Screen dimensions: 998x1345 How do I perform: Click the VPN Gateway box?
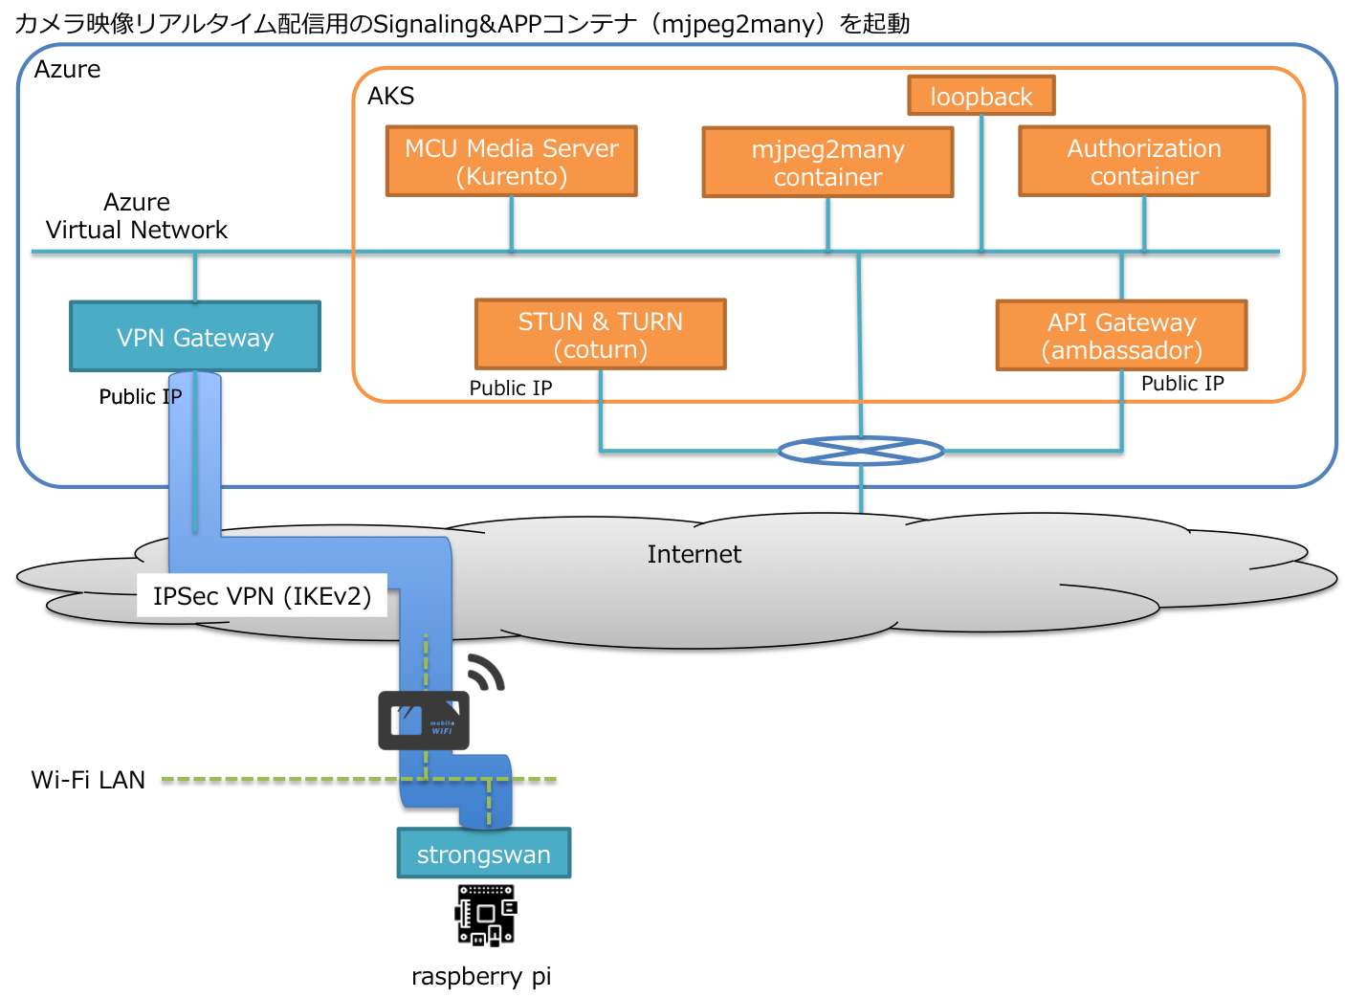pyautogui.click(x=195, y=337)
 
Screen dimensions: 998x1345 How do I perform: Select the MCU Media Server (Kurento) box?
pyautogui.click(x=512, y=162)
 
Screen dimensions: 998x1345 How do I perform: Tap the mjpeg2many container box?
pyautogui.click(x=827, y=163)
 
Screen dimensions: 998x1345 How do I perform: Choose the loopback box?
pyautogui.click(x=981, y=96)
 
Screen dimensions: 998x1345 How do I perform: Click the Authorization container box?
pyautogui.click(x=1144, y=162)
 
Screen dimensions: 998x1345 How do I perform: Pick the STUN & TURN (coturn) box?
pyautogui.click(x=601, y=335)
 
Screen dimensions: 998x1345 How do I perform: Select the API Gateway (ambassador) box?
pyautogui.click(x=1122, y=336)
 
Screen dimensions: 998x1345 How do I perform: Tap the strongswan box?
pyautogui.click(x=484, y=854)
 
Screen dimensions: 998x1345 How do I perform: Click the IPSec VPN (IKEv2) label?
pyautogui.click(x=262, y=596)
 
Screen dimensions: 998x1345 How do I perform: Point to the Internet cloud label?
pyautogui.click(x=694, y=554)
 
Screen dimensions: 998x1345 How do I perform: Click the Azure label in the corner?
pyautogui.click(x=67, y=69)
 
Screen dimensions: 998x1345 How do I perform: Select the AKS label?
pyautogui.click(x=391, y=96)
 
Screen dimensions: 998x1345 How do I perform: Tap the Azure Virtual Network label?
pyautogui.click(x=137, y=216)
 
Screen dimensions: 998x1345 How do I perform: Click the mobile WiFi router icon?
pyautogui.click(x=424, y=721)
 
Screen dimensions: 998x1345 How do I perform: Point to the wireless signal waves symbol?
pyautogui.click(x=486, y=672)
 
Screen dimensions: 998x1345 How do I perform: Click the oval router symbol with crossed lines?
pyautogui.click(x=861, y=451)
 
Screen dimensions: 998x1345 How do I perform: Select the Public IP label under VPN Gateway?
pyautogui.click(x=140, y=397)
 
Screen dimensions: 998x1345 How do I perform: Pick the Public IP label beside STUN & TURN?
pyautogui.click(x=511, y=388)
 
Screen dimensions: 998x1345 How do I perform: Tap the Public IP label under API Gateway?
pyautogui.click(x=1182, y=384)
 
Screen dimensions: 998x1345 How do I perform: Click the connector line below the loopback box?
pyautogui.click(x=981, y=182)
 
